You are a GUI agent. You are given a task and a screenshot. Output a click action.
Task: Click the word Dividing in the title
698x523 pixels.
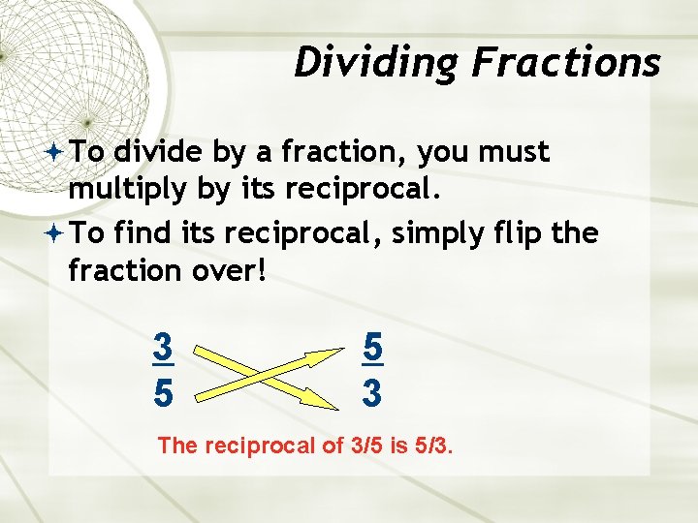coord(378,63)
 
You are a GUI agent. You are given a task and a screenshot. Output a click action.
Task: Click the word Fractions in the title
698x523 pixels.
coord(566,63)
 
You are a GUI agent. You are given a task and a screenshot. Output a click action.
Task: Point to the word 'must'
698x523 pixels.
coord(514,152)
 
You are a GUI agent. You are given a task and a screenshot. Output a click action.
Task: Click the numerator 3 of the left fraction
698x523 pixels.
coord(163,346)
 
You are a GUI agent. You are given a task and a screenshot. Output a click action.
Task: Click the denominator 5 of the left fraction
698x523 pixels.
coord(163,393)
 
